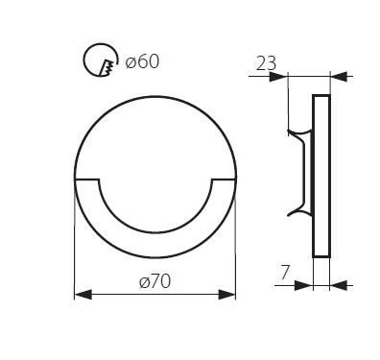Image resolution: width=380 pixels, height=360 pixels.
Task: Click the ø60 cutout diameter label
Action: [x=142, y=61]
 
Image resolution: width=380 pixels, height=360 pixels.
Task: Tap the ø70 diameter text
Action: [x=154, y=281]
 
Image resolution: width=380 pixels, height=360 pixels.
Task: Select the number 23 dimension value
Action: [x=266, y=63]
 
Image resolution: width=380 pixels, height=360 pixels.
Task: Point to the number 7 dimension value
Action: [x=285, y=273]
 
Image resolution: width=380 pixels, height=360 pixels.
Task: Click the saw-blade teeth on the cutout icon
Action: [x=107, y=67]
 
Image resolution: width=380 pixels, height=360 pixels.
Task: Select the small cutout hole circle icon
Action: [x=100, y=60]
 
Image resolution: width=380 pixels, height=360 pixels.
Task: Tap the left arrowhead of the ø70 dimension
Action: [x=83, y=294]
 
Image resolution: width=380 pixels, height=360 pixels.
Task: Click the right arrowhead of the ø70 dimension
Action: [x=226, y=294]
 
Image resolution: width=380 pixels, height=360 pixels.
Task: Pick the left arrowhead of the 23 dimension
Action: [x=278, y=77]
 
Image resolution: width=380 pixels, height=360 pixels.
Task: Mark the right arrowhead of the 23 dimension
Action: [x=339, y=77]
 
